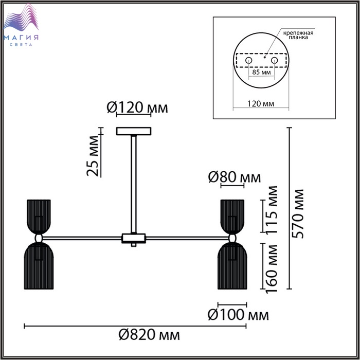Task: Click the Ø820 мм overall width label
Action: click(149, 335)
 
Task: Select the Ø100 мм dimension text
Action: click(238, 315)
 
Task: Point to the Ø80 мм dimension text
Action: click(235, 177)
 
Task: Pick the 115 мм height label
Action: click(272, 210)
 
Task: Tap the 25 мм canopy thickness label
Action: click(93, 156)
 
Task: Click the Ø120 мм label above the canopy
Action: click(137, 107)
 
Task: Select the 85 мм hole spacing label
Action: click(261, 72)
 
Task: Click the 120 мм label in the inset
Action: click(261, 104)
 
